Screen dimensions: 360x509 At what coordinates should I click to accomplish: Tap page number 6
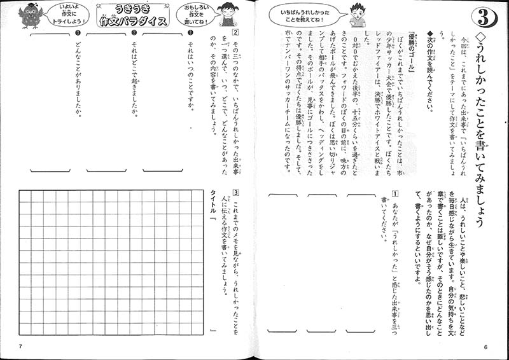click(x=485, y=346)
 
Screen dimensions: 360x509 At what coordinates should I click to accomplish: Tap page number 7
click(x=20, y=346)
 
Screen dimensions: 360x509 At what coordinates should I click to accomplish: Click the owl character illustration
click(x=30, y=15)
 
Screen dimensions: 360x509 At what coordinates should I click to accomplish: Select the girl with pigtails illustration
click(x=227, y=12)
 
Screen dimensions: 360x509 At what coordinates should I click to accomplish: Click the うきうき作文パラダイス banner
click(x=135, y=15)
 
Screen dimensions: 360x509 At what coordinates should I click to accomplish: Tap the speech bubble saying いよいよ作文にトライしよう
click(x=65, y=13)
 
